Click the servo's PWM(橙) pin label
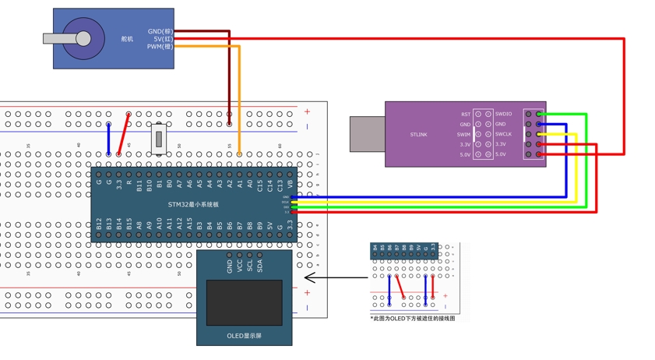160,47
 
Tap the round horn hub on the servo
83,38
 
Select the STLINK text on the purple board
418,135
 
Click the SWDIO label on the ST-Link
504,115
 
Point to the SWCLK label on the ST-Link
504,134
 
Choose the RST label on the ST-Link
465,115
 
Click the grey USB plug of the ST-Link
367,134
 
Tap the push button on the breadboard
158,139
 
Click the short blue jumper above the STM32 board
108,139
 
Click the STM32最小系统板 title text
193,205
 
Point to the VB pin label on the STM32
291,185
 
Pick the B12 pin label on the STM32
99,224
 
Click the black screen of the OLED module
244,302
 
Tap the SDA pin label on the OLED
260,266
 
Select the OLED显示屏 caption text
244,336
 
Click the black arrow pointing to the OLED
335,277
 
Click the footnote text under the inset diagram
413,318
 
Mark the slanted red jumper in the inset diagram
400,287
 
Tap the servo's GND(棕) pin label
160,32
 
